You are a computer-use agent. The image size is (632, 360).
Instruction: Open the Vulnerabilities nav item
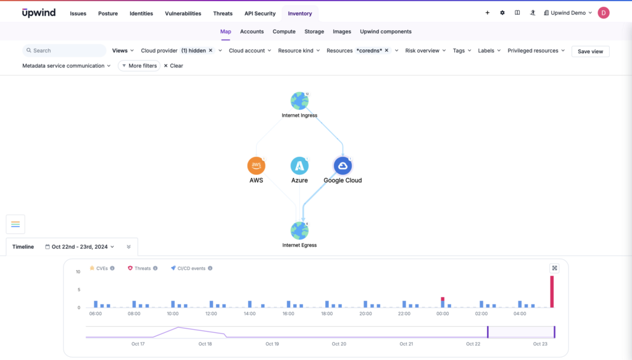(x=183, y=14)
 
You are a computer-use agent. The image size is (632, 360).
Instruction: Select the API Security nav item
(x=260, y=14)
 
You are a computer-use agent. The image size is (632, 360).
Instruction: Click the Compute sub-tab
(x=284, y=31)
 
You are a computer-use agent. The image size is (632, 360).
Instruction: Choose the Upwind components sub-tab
(x=385, y=31)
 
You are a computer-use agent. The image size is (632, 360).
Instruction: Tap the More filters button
(x=139, y=65)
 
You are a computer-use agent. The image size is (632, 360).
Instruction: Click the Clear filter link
(x=173, y=65)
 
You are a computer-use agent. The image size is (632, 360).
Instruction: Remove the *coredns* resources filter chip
(x=386, y=51)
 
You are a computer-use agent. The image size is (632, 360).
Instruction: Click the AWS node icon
(x=256, y=165)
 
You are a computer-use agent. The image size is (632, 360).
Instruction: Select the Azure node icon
(x=299, y=165)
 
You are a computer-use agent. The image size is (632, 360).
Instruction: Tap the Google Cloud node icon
(x=343, y=165)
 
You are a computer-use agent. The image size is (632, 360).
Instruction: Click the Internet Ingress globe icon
(x=299, y=101)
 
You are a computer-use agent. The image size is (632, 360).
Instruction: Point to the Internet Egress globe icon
(x=299, y=231)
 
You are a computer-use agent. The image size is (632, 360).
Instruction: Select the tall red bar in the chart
(x=552, y=291)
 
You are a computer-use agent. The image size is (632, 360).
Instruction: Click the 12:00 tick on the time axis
(x=211, y=314)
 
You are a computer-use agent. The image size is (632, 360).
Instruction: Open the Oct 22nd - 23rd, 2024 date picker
(x=80, y=246)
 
